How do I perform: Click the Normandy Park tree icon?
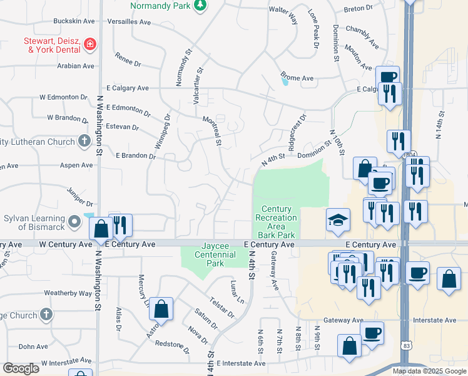[x=200, y=6]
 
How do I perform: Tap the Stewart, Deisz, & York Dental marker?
[x=90, y=44]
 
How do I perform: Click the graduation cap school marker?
[x=337, y=219]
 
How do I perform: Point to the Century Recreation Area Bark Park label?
[x=275, y=222]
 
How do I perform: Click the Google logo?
[x=21, y=368]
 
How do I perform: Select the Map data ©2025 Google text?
[x=429, y=371]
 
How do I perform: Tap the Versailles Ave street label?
[x=129, y=21]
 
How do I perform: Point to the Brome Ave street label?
[x=297, y=78]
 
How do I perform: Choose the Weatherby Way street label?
[x=68, y=293]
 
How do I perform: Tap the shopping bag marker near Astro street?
[x=161, y=309]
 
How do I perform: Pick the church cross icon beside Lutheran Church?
[x=84, y=142]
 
